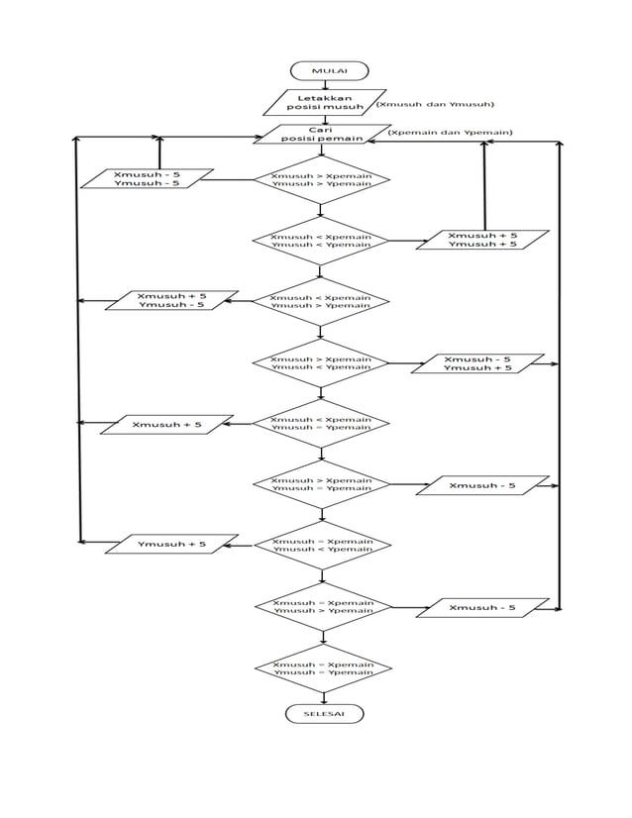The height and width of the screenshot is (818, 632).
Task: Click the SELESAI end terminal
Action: click(x=324, y=713)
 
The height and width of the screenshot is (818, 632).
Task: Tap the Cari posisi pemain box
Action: click(x=320, y=135)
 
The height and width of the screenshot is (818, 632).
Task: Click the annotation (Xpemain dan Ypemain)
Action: click(x=450, y=132)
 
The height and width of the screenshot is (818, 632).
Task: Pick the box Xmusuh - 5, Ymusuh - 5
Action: click(x=147, y=178)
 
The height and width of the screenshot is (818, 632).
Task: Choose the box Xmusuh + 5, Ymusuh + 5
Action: click(x=481, y=240)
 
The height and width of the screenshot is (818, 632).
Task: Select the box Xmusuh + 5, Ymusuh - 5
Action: click(x=171, y=300)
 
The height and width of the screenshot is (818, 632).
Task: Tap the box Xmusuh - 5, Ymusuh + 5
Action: click(x=477, y=363)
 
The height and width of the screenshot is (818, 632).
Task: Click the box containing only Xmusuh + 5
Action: click(x=166, y=425)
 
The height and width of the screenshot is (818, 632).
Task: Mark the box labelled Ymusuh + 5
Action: click(x=171, y=544)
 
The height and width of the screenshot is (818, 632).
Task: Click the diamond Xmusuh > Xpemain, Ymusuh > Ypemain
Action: click(x=321, y=179)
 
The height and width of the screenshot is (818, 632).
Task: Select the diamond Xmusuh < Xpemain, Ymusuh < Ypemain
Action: click(x=321, y=241)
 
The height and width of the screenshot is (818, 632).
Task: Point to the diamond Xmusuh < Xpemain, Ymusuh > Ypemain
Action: click(x=321, y=301)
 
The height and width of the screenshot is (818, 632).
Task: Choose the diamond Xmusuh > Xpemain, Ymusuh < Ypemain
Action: click(x=321, y=362)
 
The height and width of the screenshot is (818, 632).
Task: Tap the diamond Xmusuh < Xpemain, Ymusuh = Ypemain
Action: click(x=321, y=424)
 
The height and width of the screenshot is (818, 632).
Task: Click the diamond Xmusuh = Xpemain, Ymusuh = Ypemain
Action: click(x=323, y=667)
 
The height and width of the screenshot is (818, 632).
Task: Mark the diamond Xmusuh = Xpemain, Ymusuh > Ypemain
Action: click(x=323, y=606)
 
